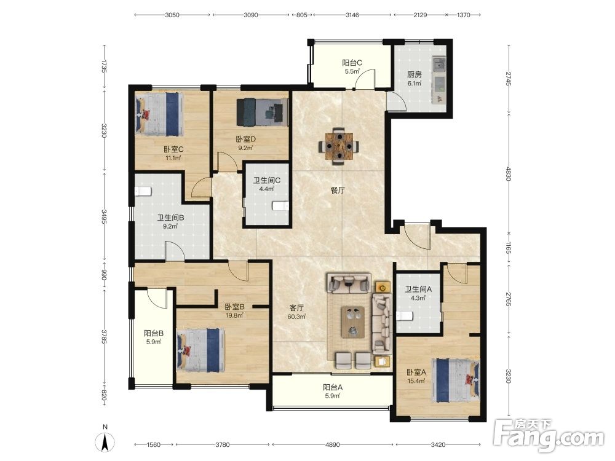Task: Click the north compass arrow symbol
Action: [105, 443]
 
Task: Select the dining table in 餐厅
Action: [339, 146]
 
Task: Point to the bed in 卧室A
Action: [455, 380]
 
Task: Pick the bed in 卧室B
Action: [200, 350]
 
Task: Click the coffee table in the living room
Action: [353, 322]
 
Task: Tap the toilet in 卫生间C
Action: [281, 206]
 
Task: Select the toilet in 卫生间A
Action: [405, 316]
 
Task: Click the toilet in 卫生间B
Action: [143, 191]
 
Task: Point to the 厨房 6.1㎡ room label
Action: [414, 79]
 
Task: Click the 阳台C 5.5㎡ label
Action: [352, 66]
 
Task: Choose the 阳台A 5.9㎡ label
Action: [333, 391]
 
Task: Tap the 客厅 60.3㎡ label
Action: [296, 312]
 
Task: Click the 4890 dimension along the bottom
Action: [333, 444]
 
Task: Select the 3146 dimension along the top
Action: [352, 15]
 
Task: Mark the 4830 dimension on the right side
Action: [509, 174]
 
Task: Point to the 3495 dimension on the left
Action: [105, 216]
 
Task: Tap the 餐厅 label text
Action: [338, 190]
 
